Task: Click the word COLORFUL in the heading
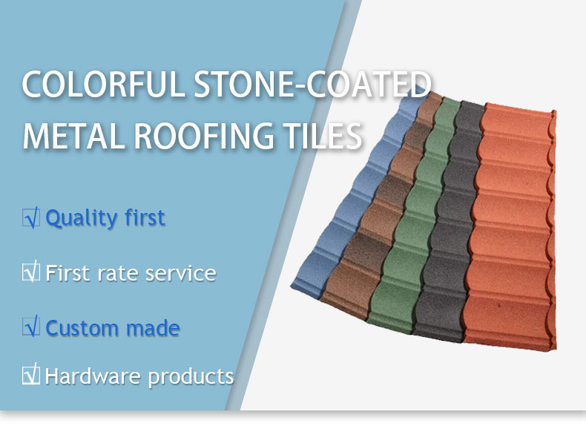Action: coord(104,84)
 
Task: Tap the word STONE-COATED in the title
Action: coord(312,84)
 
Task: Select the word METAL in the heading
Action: coord(73,136)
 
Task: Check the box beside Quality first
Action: coord(31,217)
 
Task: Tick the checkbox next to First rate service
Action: coord(31,272)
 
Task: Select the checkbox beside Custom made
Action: coord(31,326)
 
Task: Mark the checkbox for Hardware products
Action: coord(31,374)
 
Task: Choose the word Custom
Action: coord(82,328)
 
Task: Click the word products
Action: coord(191,377)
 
